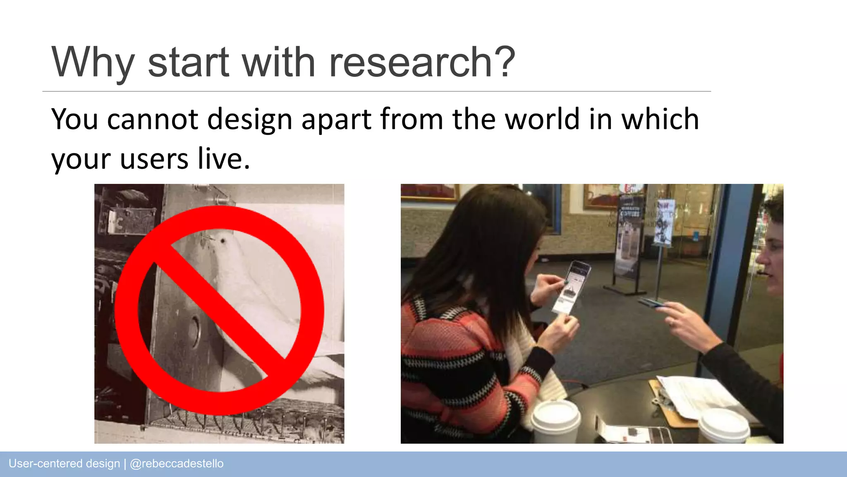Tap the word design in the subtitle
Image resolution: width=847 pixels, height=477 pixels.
(249, 120)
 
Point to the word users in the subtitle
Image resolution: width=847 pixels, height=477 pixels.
(154, 159)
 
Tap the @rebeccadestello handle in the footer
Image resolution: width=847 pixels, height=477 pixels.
(177, 464)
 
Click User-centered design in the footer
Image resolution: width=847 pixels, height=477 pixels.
(64, 464)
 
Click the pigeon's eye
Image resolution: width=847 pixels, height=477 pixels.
(223, 240)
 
